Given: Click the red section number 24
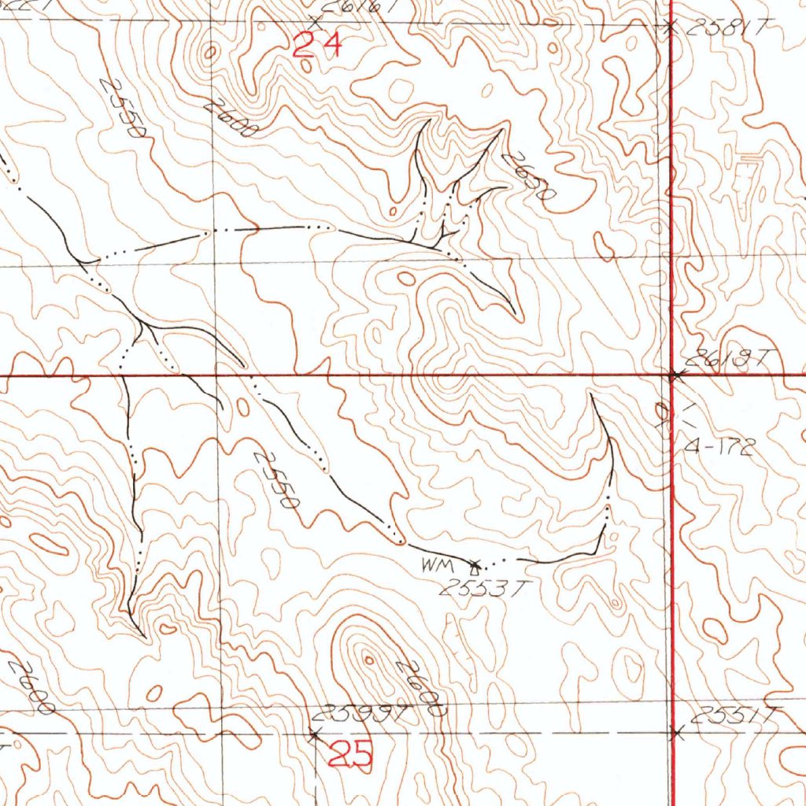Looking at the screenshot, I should [317, 45].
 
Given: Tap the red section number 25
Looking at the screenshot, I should [349, 756].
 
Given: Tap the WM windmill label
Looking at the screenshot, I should [434, 564].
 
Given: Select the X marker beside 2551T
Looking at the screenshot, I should [675, 734].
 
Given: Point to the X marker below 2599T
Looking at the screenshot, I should [314, 734].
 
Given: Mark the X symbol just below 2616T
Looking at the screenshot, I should [316, 20].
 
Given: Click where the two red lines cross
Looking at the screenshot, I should [671, 375].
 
